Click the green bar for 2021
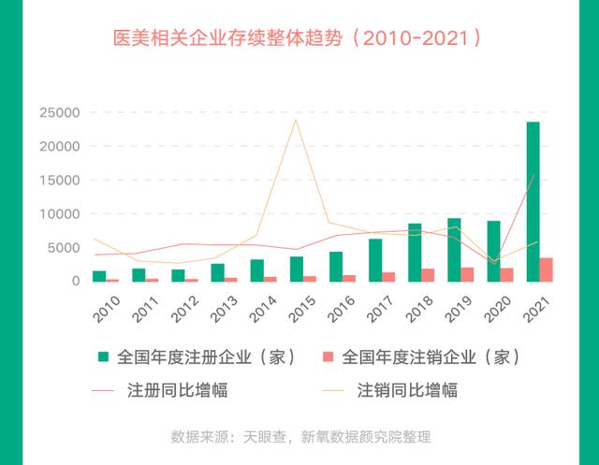click(533, 201)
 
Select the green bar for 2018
click(415, 253)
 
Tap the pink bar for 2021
click(547, 269)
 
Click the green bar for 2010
click(99, 276)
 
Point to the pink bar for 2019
click(467, 274)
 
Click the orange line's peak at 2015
click(296, 120)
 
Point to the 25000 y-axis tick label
click(57, 113)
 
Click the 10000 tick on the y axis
click(57, 214)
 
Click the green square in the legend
click(102, 357)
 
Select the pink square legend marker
click(329, 357)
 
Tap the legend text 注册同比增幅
click(188, 389)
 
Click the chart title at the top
click(299, 39)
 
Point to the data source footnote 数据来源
click(300, 436)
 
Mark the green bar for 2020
click(493, 251)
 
